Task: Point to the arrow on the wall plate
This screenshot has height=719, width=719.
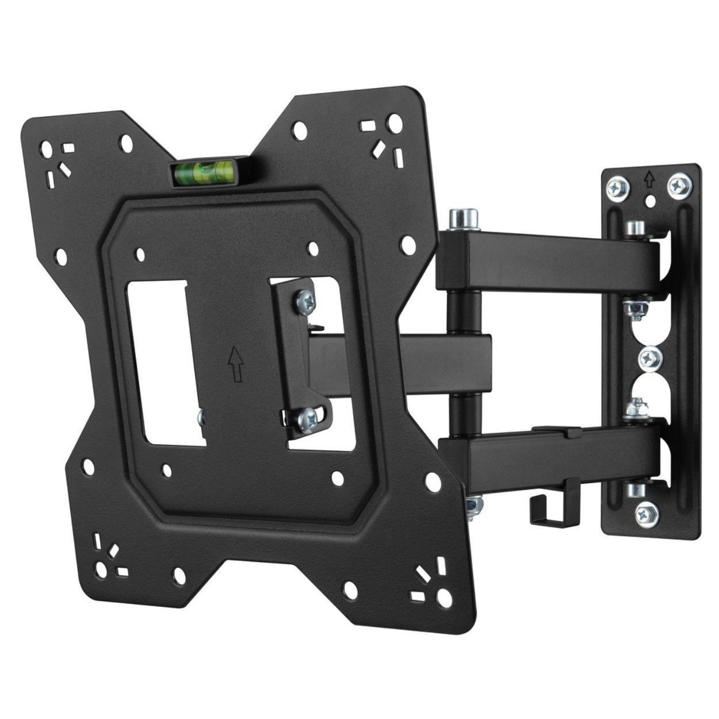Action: point(649,180)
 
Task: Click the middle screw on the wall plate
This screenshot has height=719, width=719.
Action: point(651,358)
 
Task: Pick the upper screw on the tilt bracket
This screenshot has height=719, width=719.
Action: point(304,300)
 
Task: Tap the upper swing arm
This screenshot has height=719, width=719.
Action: point(546,259)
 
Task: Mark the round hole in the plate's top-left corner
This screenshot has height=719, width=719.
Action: point(45,150)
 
